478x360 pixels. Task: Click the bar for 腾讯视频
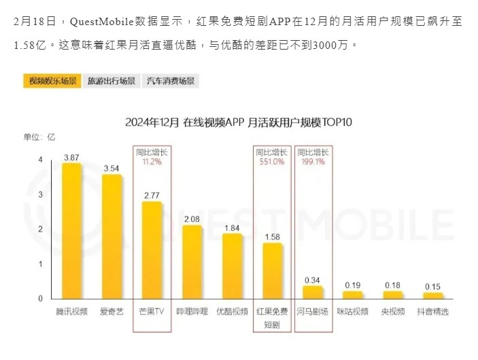[x=71, y=231]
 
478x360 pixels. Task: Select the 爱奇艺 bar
[x=112, y=237]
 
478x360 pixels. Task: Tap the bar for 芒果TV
[x=152, y=250]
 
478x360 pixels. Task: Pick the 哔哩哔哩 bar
[x=192, y=262]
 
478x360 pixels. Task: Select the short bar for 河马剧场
[x=312, y=293]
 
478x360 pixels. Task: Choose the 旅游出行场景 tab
[x=112, y=82]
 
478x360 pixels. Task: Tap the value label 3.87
[x=71, y=158]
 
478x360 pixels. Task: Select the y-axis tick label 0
[x=40, y=299]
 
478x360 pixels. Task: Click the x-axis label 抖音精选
[x=432, y=312]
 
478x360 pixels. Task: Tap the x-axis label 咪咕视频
[x=352, y=312]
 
